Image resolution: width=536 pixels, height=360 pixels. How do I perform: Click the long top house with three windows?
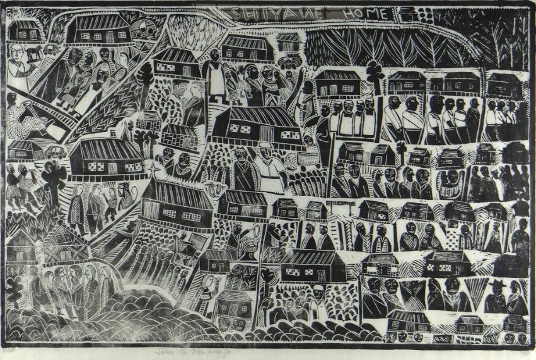pos(98,29)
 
